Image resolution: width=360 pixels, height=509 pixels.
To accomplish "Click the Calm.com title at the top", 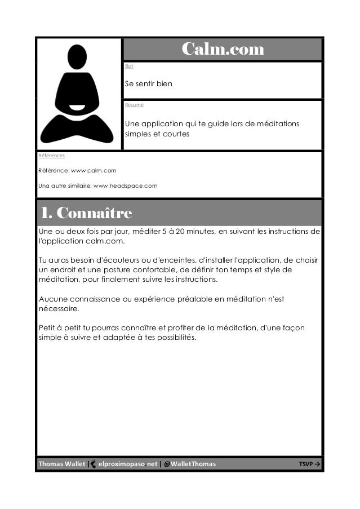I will tap(223, 50).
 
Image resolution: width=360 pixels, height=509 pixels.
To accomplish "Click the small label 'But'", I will tap(129, 67).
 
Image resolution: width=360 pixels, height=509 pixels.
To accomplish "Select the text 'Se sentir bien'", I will tap(149, 84).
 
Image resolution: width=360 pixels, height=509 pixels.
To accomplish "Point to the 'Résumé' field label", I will tap(134, 104).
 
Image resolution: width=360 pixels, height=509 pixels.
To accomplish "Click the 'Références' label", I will tap(51, 155).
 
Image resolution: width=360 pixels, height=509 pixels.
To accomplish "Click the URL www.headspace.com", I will tap(125, 185).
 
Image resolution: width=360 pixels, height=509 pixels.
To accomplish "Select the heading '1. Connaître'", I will tap(85, 214).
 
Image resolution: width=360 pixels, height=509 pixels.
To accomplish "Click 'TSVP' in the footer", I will tap(306, 464).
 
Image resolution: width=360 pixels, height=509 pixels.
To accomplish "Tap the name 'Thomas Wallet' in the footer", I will tap(61, 464).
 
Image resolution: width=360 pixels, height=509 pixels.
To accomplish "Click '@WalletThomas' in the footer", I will tap(189, 464).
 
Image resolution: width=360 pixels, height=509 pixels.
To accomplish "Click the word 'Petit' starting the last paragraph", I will tap(47, 328).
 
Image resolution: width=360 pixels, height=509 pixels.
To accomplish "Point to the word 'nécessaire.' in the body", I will tap(59, 309).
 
